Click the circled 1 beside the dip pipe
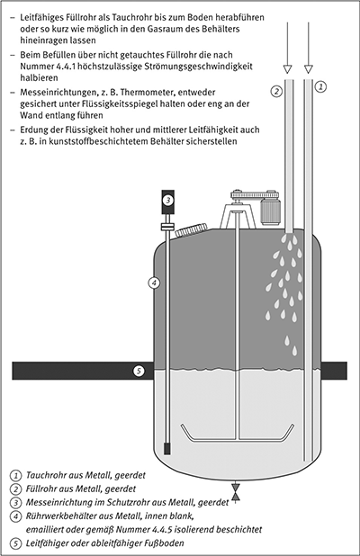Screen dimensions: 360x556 point(320,86)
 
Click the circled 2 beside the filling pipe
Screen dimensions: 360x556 point(276,91)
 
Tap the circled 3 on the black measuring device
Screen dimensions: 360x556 point(168,200)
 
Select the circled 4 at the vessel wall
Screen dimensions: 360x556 point(154,283)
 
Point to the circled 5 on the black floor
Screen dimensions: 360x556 point(139,371)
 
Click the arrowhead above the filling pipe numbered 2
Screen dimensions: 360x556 point(288,68)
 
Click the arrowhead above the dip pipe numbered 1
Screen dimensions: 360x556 point(309,68)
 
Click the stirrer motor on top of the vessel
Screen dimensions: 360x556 point(270,211)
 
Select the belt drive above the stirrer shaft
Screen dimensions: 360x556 point(255,195)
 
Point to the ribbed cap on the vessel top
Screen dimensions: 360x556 point(191,229)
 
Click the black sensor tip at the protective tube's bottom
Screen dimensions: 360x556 point(166,449)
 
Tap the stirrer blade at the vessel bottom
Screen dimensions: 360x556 point(238,433)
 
